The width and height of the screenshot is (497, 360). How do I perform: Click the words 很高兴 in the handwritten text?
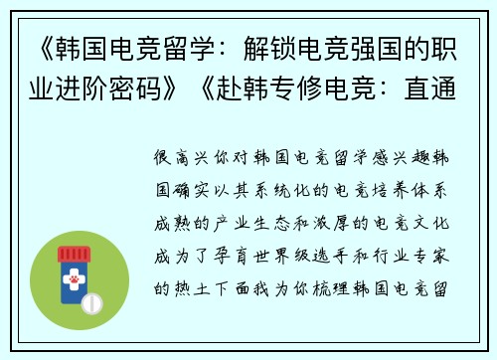pyautogui.click(x=181, y=158)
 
